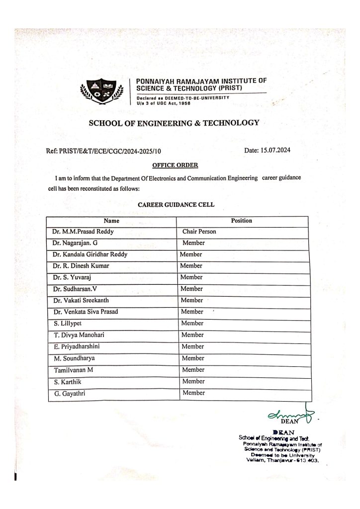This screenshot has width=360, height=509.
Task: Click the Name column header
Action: [111, 221]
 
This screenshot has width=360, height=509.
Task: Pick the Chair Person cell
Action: [199, 232]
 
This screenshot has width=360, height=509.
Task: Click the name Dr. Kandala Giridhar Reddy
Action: [90, 254]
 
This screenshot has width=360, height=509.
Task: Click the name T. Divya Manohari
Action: [76, 335]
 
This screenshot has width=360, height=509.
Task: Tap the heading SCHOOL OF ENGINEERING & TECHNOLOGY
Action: [174, 123]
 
